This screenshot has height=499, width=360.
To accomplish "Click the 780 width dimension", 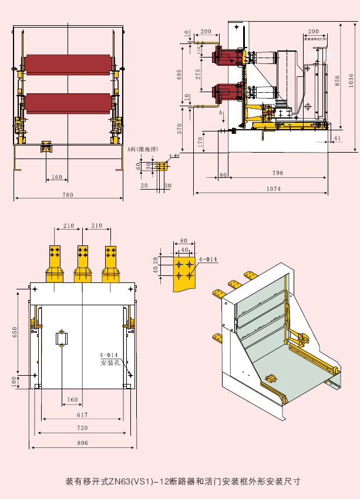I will [68, 195].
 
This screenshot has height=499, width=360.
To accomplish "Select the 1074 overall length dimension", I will [272, 188].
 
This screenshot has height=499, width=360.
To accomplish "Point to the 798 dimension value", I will [278, 173].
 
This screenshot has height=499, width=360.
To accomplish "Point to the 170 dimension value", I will [201, 141].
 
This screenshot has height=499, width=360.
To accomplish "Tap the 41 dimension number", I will [337, 138].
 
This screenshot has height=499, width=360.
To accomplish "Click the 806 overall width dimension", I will [82, 443].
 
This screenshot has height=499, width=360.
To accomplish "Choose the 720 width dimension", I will [82, 428].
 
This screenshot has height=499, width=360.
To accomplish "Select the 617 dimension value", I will [83, 414].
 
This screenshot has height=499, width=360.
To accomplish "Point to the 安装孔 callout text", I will [110, 363].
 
